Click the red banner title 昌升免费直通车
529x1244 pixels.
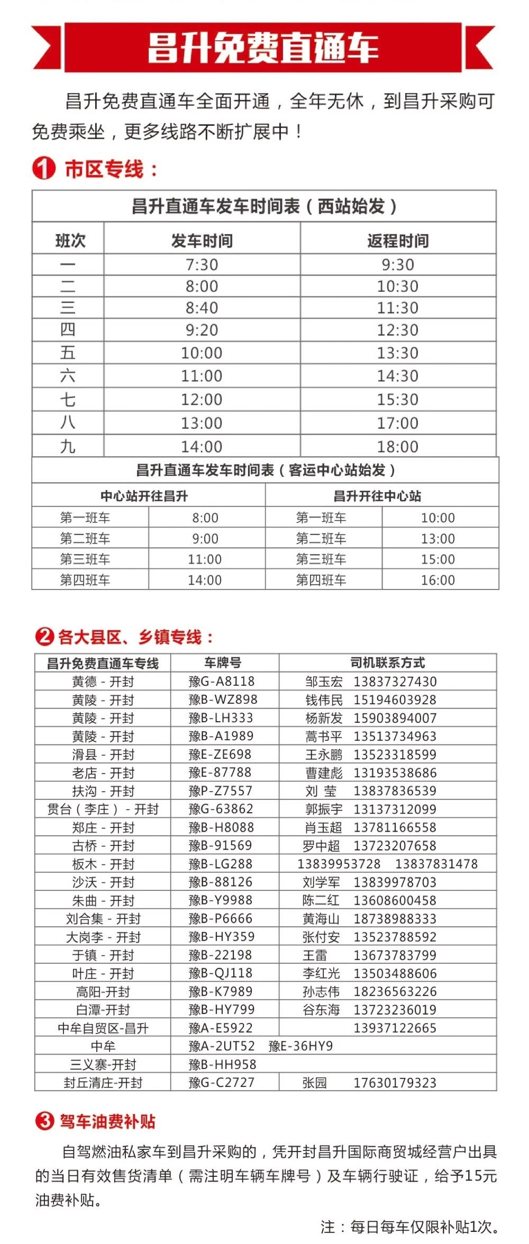(263, 47)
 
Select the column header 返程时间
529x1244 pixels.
(398, 241)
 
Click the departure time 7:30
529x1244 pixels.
(202, 264)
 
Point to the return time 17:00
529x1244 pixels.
(398, 423)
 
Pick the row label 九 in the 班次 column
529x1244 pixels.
(68, 447)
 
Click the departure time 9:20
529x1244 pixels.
(202, 330)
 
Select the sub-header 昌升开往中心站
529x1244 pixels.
(377, 496)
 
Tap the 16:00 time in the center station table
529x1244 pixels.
(438, 580)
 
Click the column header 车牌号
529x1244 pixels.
(223, 662)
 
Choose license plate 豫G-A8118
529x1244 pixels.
(222, 681)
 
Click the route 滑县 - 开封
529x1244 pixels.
(103, 754)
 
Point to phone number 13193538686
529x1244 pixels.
(395, 773)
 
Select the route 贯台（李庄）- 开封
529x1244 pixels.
(103, 809)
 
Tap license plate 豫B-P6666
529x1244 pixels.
(221, 918)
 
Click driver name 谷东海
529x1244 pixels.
(321, 1010)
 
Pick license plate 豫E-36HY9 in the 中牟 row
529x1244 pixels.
(300, 1046)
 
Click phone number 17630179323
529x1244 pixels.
(395, 1082)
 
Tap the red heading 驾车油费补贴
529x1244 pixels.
(107, 1120)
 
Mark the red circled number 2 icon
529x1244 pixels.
(44, 636)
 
